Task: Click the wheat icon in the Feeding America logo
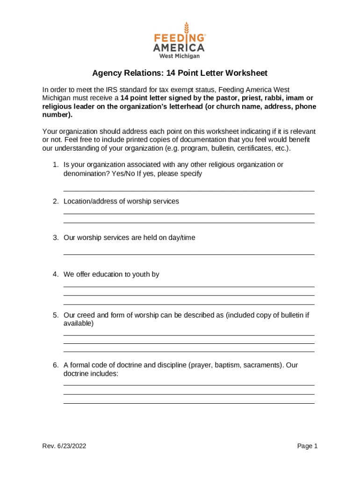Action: click(x=187, y=29)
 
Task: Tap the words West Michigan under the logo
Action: click(x=180, y=56)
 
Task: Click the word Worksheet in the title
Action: click(x=246, y=73)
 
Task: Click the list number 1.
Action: click(x=55, y=165)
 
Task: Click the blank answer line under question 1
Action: click(x=188, y=190)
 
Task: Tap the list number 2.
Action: click(x=55, y=201)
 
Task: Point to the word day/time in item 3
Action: click(x=182, y=238)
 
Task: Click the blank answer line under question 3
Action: click(x=188, y=254)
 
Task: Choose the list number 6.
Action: click(x=55, y=365)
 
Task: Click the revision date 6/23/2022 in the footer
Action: click(x=71, y=446)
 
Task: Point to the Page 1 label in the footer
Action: click(x=307, y=446)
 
